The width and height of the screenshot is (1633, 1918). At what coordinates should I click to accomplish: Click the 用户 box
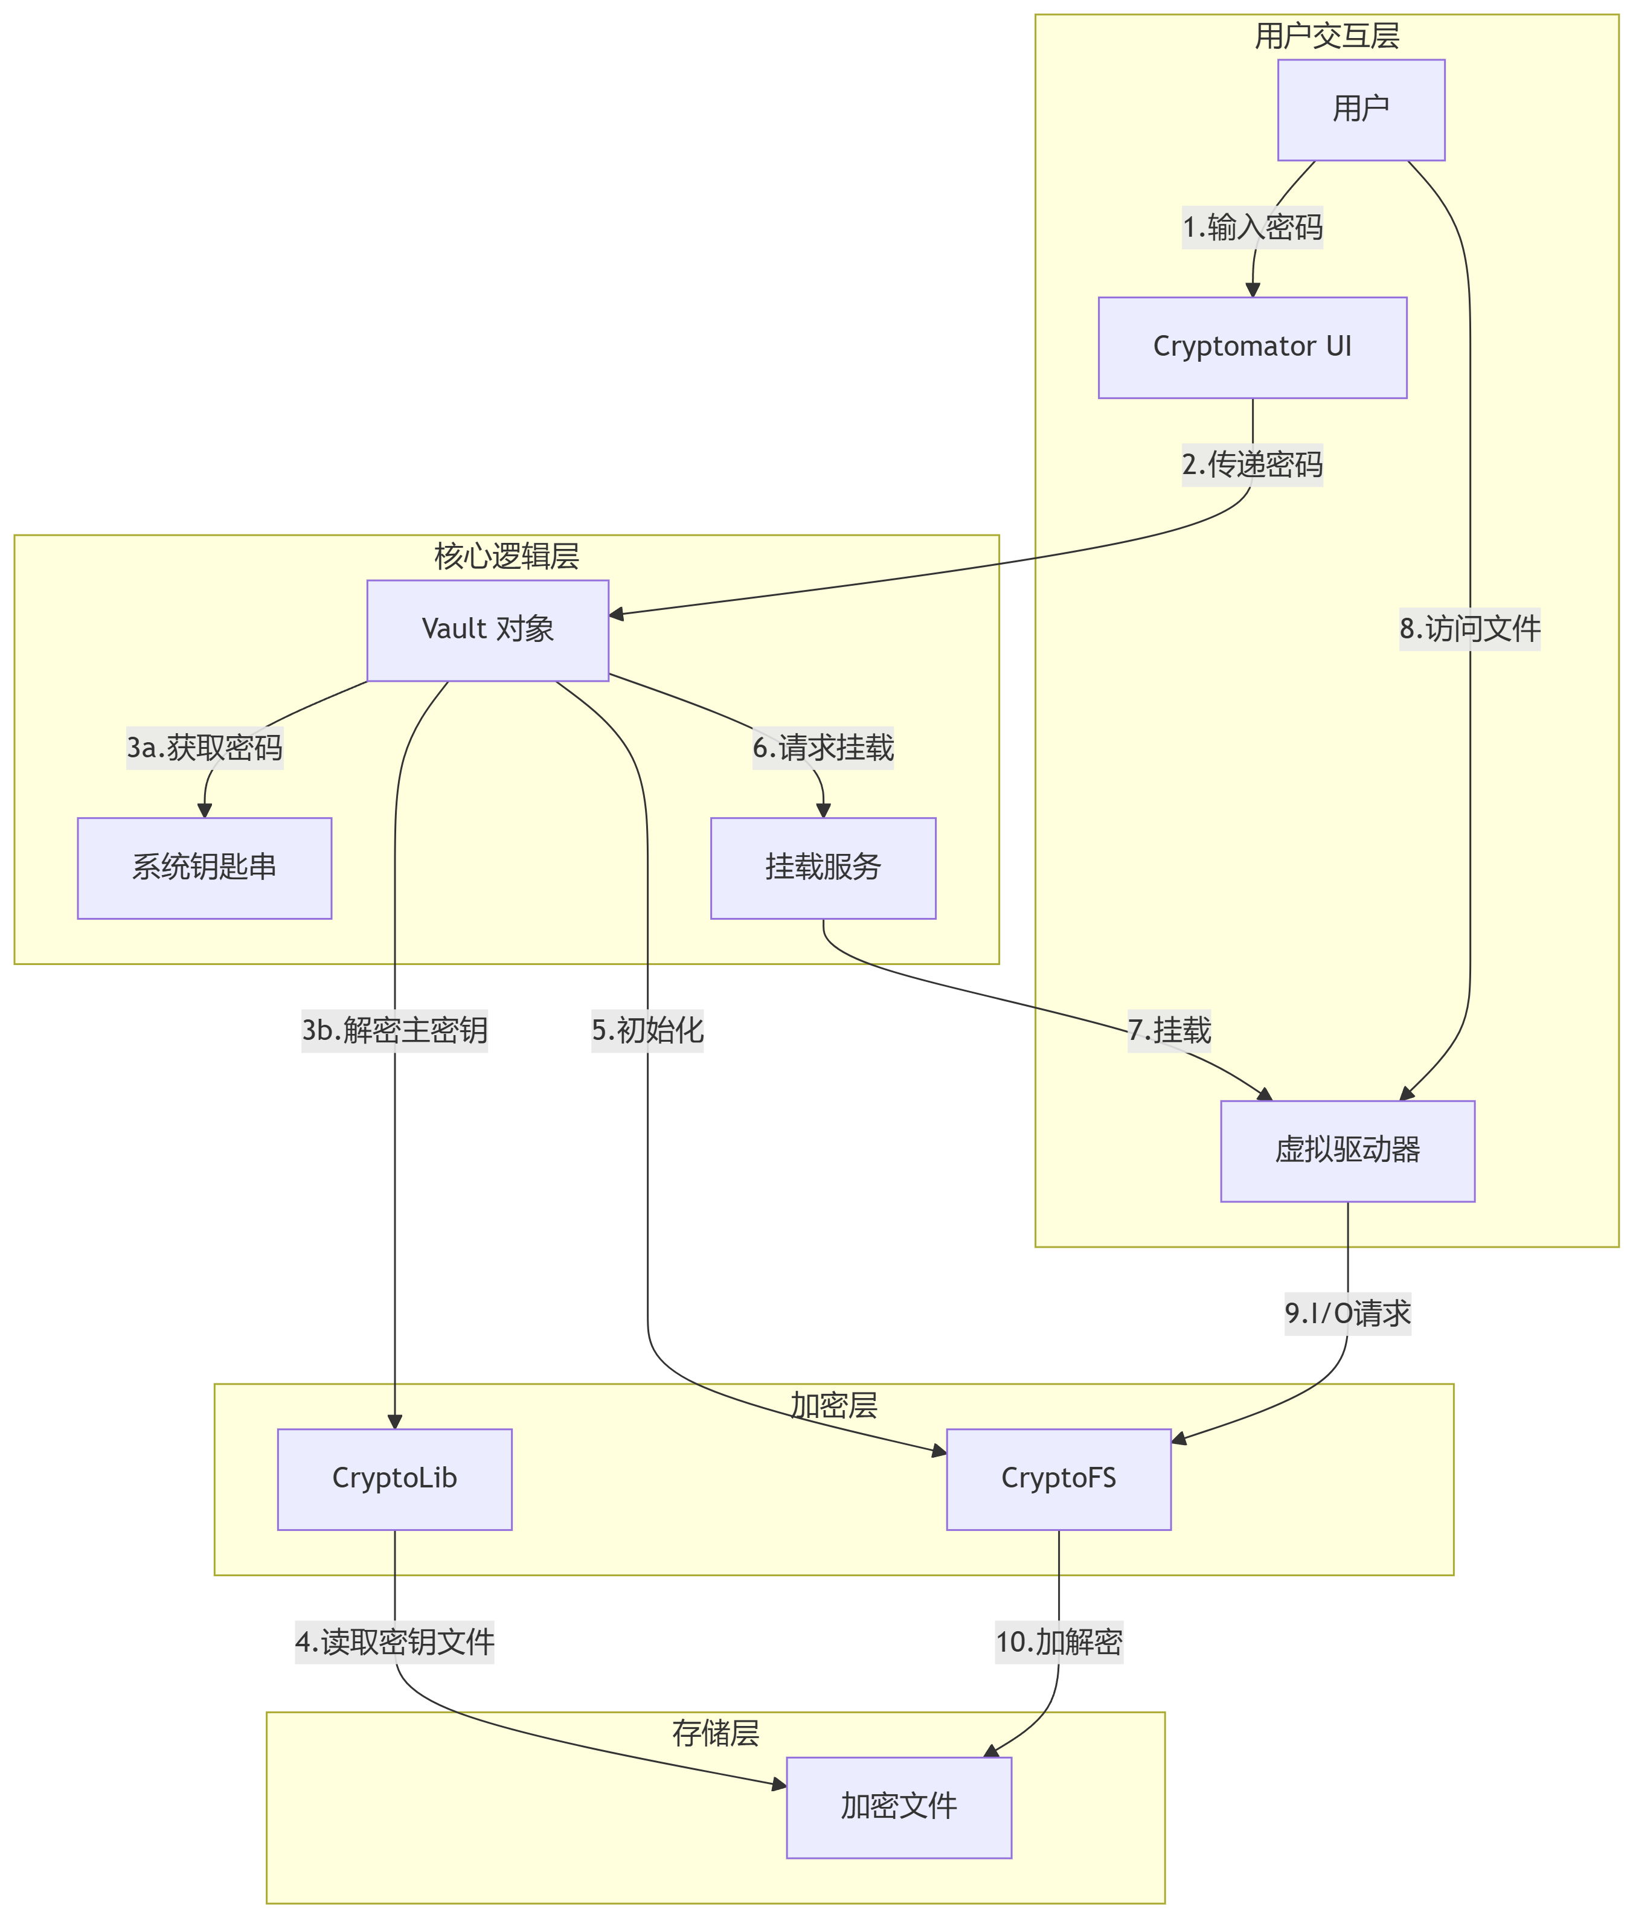tap(1361, 110)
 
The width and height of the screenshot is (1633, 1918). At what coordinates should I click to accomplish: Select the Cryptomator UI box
tap(1253, 347)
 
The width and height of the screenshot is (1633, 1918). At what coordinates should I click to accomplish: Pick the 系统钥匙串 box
tap(205, 867)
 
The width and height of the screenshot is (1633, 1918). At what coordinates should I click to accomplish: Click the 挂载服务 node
tap(823, 867)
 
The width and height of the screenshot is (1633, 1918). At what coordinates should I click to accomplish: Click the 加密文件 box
tap(899, 1806)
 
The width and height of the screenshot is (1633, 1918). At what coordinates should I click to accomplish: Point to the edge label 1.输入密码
tap(1253, 228)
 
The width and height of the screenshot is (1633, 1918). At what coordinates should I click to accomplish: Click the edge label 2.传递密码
tap(1253, 464)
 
